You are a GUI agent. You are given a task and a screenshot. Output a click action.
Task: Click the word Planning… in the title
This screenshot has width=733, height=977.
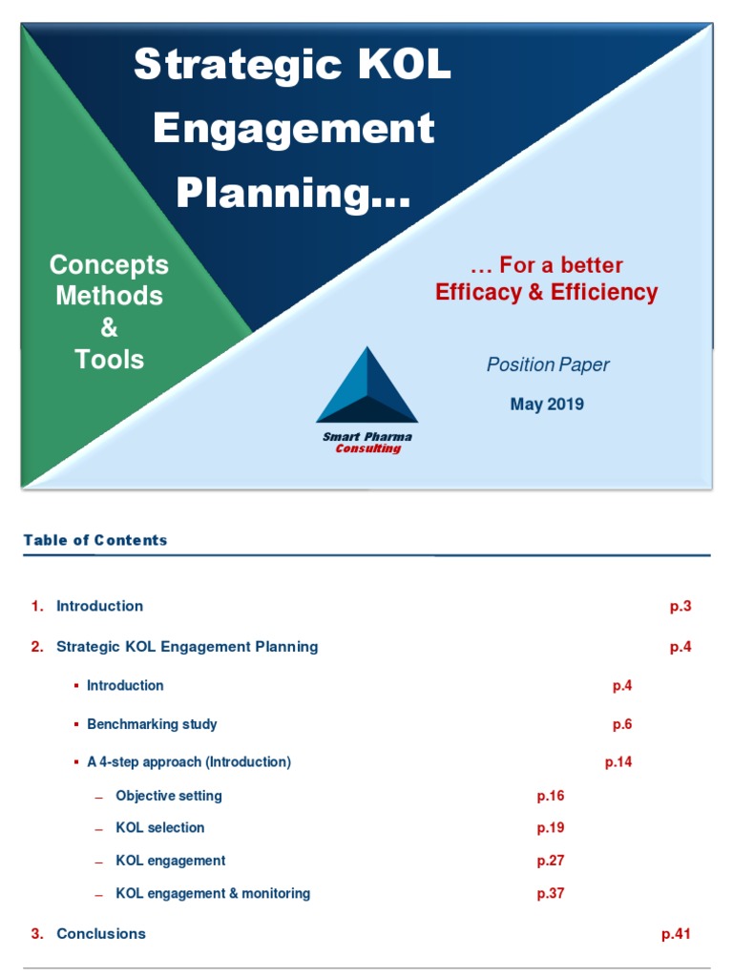click(x=294, y=193)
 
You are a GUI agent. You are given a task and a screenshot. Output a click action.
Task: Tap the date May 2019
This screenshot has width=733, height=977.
click(x=547, y=404)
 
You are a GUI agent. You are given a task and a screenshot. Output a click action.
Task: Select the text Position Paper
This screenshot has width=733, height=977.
click(x=548, y=364)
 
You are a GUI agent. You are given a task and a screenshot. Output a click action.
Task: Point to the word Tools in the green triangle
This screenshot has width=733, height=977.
click(x=110, y=360)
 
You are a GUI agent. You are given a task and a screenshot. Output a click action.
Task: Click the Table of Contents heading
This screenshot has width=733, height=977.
click(x=95, y=540)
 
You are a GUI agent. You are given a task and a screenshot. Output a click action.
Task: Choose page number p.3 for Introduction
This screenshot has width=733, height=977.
click(x=681, y=606)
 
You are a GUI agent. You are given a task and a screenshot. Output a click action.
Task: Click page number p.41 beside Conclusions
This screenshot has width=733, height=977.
click(x=676, y=934)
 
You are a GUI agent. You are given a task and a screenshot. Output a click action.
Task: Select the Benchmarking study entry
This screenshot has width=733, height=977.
click(x=152, y=724)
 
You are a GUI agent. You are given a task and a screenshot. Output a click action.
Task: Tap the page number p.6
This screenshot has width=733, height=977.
click(x=622, y=724)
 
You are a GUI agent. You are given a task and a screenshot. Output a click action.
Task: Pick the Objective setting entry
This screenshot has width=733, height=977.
click(x=169, y=796)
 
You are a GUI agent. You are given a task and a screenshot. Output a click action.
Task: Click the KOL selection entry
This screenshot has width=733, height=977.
click(x=159, y=828)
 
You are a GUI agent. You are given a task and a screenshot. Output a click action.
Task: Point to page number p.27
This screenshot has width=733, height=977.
click(x=551, y=861)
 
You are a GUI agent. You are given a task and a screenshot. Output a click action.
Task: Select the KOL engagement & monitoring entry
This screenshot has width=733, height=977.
click(x=213, y=894)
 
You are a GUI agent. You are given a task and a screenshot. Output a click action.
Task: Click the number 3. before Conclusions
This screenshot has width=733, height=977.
click(x=37, y=934)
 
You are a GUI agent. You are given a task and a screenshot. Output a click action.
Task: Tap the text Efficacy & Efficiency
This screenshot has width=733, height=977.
click(x=547, y=292)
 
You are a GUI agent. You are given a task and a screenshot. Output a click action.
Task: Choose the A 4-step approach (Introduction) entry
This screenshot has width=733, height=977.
click(x=188, y=762)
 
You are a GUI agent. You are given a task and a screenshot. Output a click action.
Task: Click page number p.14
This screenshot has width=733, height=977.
click(x=618, y=762)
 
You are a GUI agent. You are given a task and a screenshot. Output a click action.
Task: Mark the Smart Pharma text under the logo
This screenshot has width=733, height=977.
click(x=367, y=437)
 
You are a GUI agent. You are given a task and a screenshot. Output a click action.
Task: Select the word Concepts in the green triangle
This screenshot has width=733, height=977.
click(x=109, y=264)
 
